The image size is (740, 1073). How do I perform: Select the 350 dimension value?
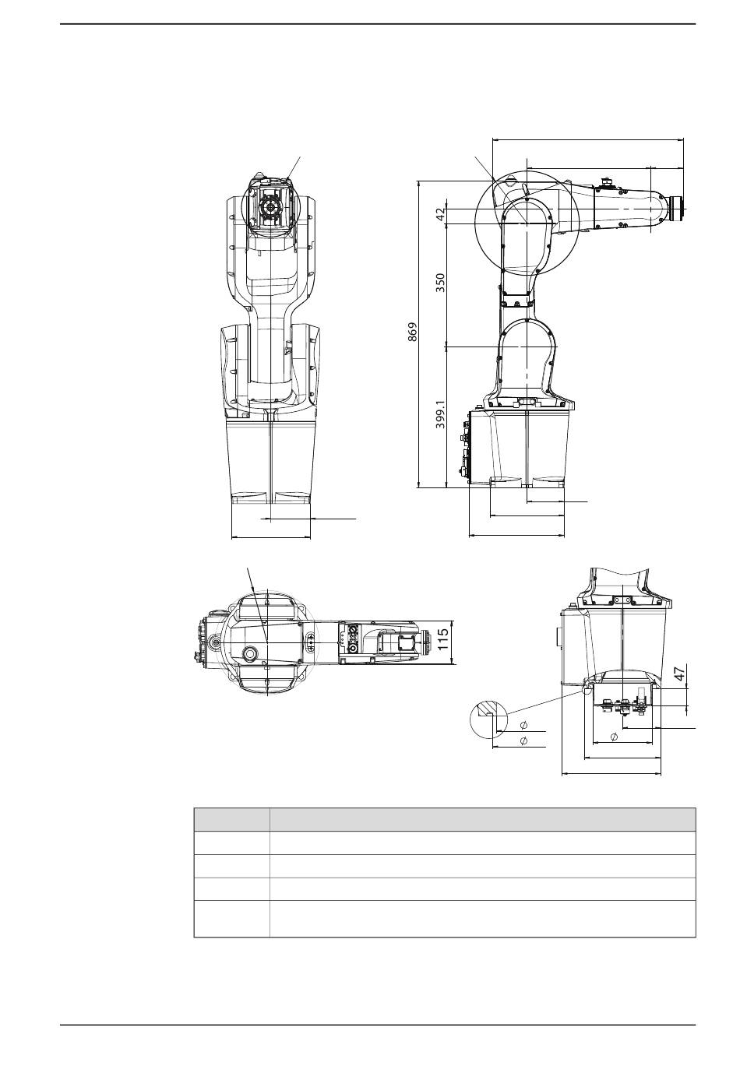point(440,283)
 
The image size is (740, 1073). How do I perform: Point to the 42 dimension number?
point(440,213)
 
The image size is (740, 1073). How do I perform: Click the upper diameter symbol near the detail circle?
point(523,725)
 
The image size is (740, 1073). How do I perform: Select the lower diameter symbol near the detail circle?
point(523,741)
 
